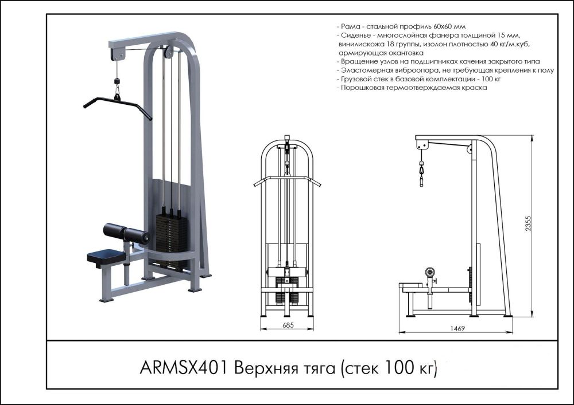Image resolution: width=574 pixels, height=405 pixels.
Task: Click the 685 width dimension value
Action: point(288,325)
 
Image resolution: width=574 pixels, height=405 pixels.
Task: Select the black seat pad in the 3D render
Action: point(105,257)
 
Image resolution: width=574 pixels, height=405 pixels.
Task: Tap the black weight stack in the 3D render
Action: point(172,235)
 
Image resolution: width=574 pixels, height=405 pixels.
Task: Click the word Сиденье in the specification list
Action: point(355,36)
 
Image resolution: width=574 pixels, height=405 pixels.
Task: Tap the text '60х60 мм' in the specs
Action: point(450,27)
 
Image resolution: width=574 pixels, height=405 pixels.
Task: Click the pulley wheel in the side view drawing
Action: point(470,151)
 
